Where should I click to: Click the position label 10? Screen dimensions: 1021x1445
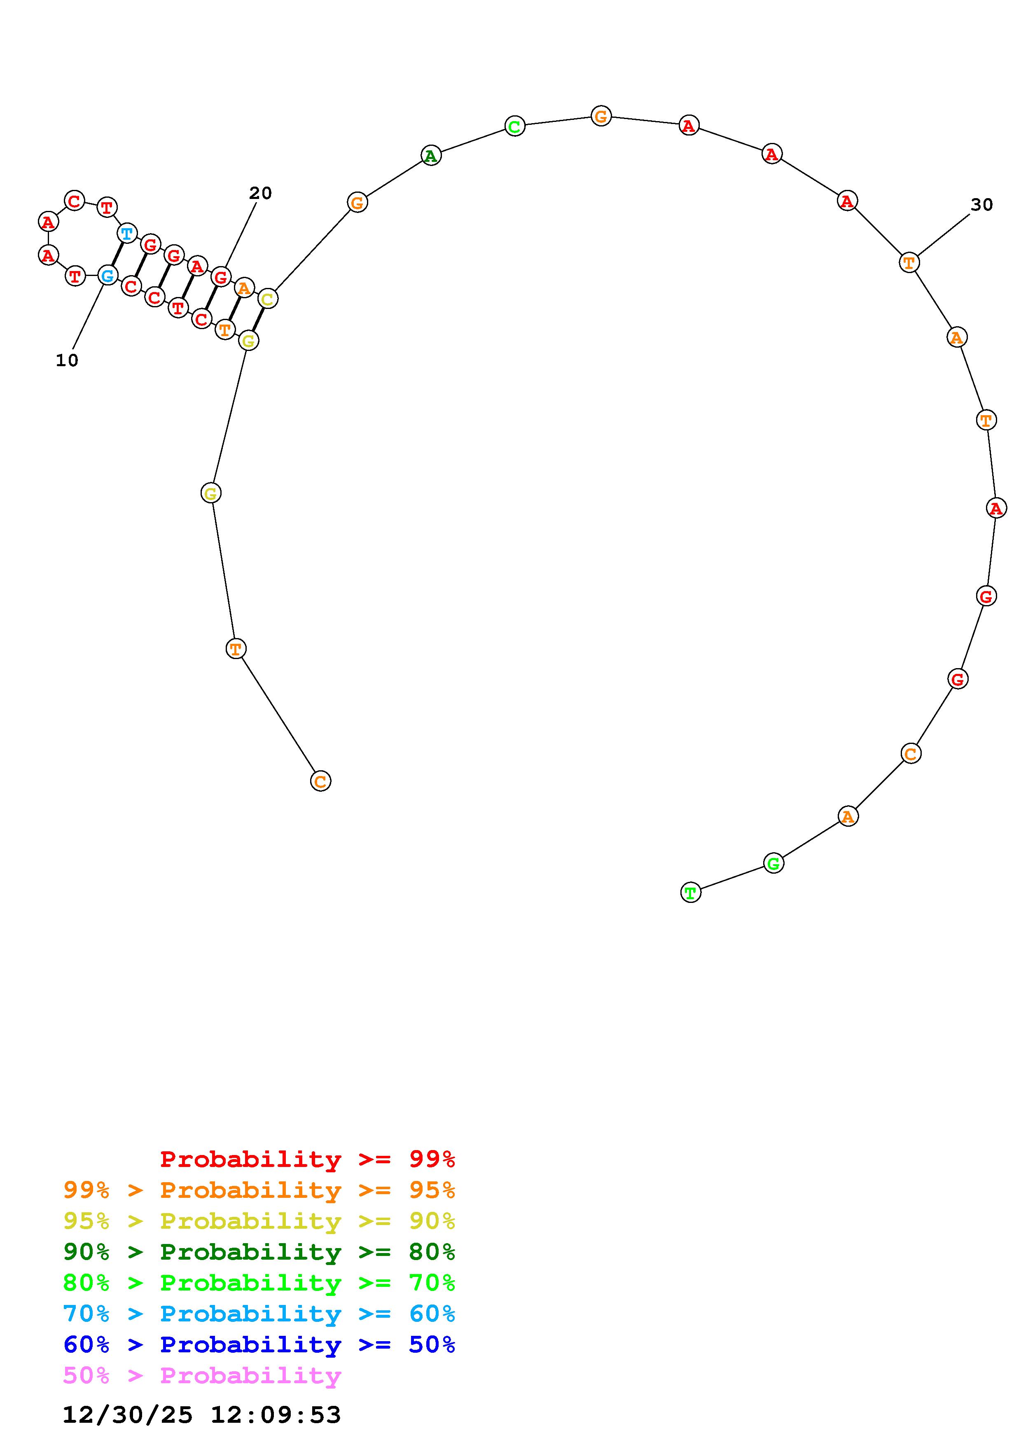click(x=67, y=360)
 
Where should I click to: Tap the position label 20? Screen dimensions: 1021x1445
click(x=260, y=193)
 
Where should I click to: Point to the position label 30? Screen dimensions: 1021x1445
click(x=981, y=205)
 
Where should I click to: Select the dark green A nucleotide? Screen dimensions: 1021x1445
click(x=431, y=155)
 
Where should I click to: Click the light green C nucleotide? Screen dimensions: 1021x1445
click(x=514, y=126)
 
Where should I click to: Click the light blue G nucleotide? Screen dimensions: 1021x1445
click(x=107, y=275)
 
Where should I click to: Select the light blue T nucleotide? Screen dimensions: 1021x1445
click(x=127, y=234)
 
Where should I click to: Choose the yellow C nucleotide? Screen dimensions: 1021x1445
click(x=267, y=299)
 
